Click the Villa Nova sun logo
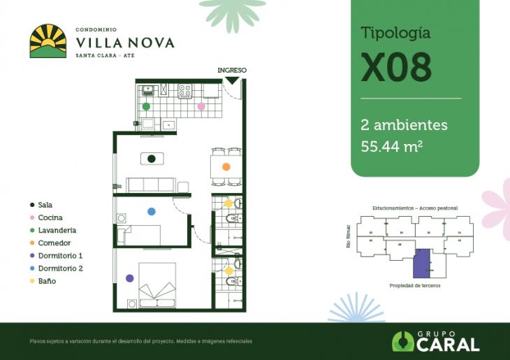[x=48, y=41]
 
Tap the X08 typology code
[x=395, y=67]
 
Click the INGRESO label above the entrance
[x=232, y=71]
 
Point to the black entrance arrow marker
[x=231, y=81]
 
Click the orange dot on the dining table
[x=226, y=167]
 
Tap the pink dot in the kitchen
[x=201, y=106]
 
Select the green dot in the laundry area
[x=146, y=106]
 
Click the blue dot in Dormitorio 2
[x=152, y=211]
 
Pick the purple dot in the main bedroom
[x=129, y=278]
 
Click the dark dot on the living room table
[x=152, y=159]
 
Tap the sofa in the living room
[x=151, y=185]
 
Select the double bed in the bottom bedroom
[x=157, y=285]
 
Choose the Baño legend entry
[x=47, y=282]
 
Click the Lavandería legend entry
[x=57, y=230]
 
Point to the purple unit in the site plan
[x=421, y=264]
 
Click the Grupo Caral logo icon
[x=403, y=341]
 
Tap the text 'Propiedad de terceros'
[x=415, y=286]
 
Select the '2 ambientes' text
[x=404, y=125]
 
